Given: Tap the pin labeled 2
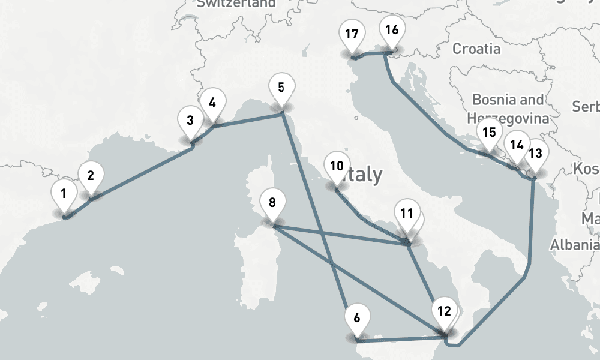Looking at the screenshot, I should tap(91, 176).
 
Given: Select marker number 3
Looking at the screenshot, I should tap(190, 120).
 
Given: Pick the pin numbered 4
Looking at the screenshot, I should tap(212, 102).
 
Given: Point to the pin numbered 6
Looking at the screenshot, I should tap(357, 317).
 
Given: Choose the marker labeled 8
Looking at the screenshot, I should tap(272, 202).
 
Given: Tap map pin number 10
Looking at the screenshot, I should tap(337, 166).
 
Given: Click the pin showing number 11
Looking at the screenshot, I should tap(407, 214).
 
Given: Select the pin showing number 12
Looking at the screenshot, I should tap(444, 311).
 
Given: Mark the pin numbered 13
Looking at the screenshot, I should tap(535, 153).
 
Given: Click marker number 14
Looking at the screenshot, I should tap(517, 145).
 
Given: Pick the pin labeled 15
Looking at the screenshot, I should tap(489, 133).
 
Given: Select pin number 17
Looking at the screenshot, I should tap(352, 34).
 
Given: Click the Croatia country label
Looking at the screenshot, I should tap(476, 49).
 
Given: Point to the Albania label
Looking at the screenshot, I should tap(574, 244).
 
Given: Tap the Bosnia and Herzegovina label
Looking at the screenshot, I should tap(509, 109).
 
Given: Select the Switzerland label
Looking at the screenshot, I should tap(236, 4).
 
